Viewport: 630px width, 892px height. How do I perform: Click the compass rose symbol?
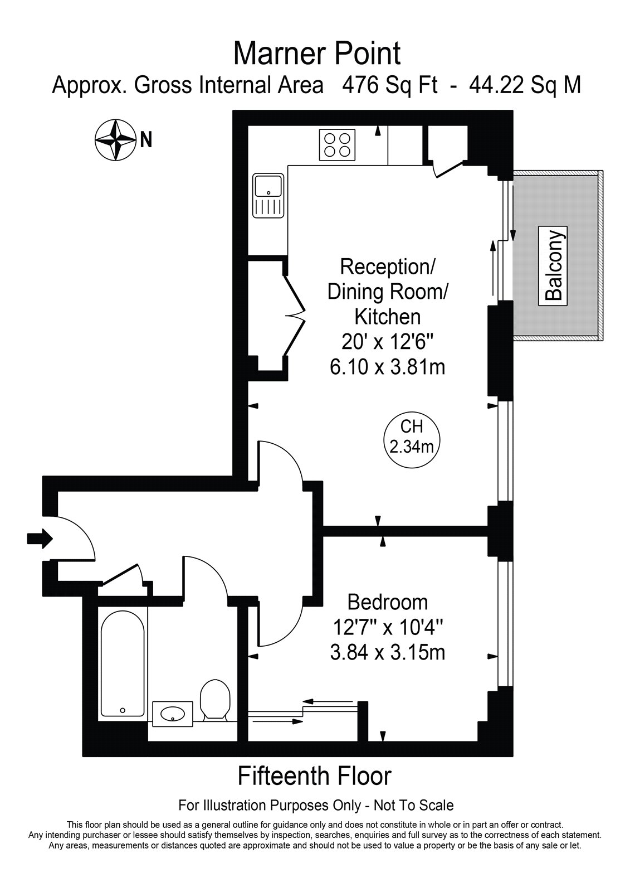pos(115,140)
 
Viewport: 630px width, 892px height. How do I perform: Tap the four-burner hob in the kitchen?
pos(336,145)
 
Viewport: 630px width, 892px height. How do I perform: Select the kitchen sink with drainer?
pos(268,196)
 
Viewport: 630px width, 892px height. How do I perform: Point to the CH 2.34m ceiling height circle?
pos(412,440)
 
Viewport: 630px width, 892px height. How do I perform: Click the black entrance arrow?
pos(40,539)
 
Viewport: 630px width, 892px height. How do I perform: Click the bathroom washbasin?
pos(173,712)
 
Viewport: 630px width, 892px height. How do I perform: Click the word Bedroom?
pos(387,602)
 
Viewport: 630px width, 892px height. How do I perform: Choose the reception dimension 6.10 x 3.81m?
pos(387,367)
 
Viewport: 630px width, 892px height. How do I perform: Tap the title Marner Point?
pos(317,54)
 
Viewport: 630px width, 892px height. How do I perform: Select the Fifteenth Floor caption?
pos(314,776)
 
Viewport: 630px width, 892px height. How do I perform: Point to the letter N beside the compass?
pos(146,140)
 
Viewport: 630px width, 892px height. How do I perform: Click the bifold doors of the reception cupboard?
pos(295,315)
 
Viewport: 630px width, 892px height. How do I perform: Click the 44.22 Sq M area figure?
pos(525,85)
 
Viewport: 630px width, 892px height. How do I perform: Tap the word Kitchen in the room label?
pos(387,317)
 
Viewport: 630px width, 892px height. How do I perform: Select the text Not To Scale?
pos(414,806)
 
